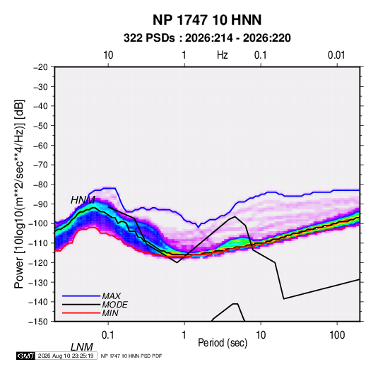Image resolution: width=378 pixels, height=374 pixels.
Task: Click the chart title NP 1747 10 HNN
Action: click(x=207, y=20)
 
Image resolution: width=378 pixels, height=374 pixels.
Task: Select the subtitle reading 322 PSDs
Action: click(x=149, y=38)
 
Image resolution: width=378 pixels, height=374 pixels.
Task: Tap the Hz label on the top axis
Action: click(x=223, y=55)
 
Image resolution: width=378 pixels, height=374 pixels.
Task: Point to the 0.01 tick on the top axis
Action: click(x=336, y=55)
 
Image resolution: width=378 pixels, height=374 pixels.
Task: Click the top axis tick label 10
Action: click(x=108, y=55)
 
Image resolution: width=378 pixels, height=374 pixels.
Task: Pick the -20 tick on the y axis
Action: click(x=40, y=67)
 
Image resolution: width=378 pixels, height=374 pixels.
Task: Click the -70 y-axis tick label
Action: click(x=40, y=165)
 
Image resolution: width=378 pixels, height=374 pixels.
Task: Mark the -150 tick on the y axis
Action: click(x=38, y=322)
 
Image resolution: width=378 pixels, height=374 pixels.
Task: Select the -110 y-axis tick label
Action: click(x=38, y=243)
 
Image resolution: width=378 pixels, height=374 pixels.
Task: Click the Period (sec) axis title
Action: click(x=223, y=343)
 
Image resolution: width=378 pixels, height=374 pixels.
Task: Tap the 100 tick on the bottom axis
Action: click(x=337, y=335)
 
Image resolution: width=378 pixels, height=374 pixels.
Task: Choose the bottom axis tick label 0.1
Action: click(x=107, y=335)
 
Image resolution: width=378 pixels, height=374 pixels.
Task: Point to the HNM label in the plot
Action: click(x=83, y=200)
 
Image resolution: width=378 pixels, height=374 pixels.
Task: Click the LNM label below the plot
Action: click(x=81, y=347)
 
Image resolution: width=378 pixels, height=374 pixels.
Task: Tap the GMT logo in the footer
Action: click(x=26, y=356)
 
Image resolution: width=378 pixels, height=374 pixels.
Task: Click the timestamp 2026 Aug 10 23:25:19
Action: click(x=66, y=356)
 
